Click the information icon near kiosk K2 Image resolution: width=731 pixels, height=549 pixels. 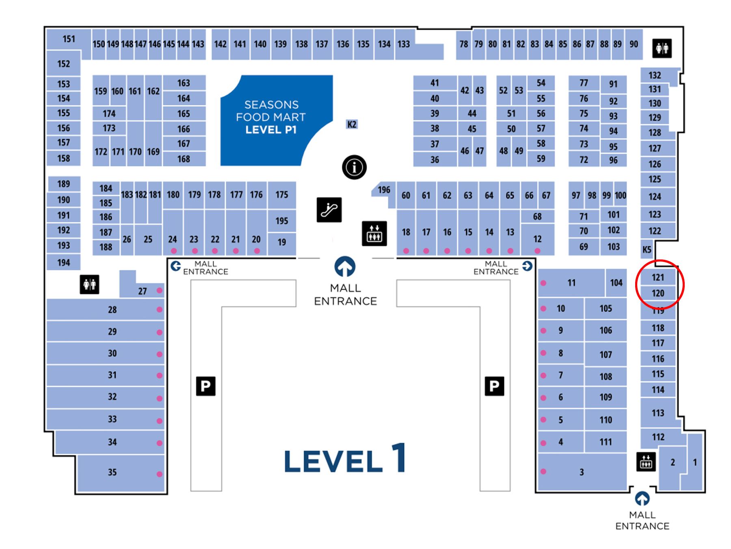click(x=354, y=167)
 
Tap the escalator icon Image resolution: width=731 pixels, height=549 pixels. click(x=329, y=210)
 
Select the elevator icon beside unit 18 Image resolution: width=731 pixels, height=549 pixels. click(x=374, y=234)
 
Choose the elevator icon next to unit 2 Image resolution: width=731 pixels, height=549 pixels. click(x=646, y=461)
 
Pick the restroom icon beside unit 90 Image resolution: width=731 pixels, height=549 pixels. click(x=662, y=48)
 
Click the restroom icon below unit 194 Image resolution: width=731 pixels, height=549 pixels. click(x=89, y=284)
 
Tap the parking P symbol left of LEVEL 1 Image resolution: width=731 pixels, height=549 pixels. click(x=206, y=386)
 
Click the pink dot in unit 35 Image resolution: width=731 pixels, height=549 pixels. click(x=160, y=474)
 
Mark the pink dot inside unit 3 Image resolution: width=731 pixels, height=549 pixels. click(x=543, y=472)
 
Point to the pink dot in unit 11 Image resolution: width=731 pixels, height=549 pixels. click(x=543, y=283)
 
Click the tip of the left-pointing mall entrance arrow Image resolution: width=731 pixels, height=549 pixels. click(x=172, y=266)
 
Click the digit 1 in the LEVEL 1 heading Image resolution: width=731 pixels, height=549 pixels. click(x=399, y=458)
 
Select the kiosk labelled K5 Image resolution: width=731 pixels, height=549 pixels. click(x=647, y=249)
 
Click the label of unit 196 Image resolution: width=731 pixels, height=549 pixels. click(x=384, y=190)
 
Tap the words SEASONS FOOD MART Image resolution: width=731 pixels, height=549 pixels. click(x=271, y=111)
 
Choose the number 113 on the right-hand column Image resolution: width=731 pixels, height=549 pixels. click(x=658, y=413)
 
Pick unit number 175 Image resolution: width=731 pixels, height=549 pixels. click(x=281, y=195)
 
